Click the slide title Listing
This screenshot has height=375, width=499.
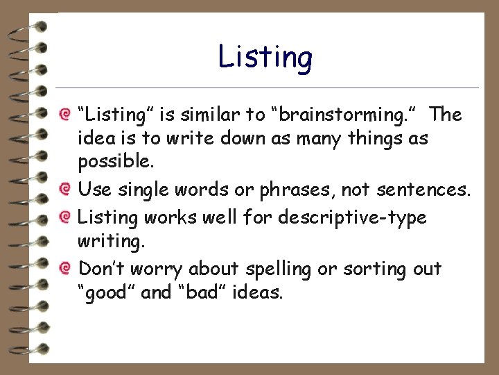click(x=265, y=57)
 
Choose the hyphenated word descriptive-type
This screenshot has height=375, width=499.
click(x=352, y=218)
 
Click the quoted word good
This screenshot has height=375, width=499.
click(x=106, y=292)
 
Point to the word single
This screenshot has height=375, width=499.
click(x=141, y=190)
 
